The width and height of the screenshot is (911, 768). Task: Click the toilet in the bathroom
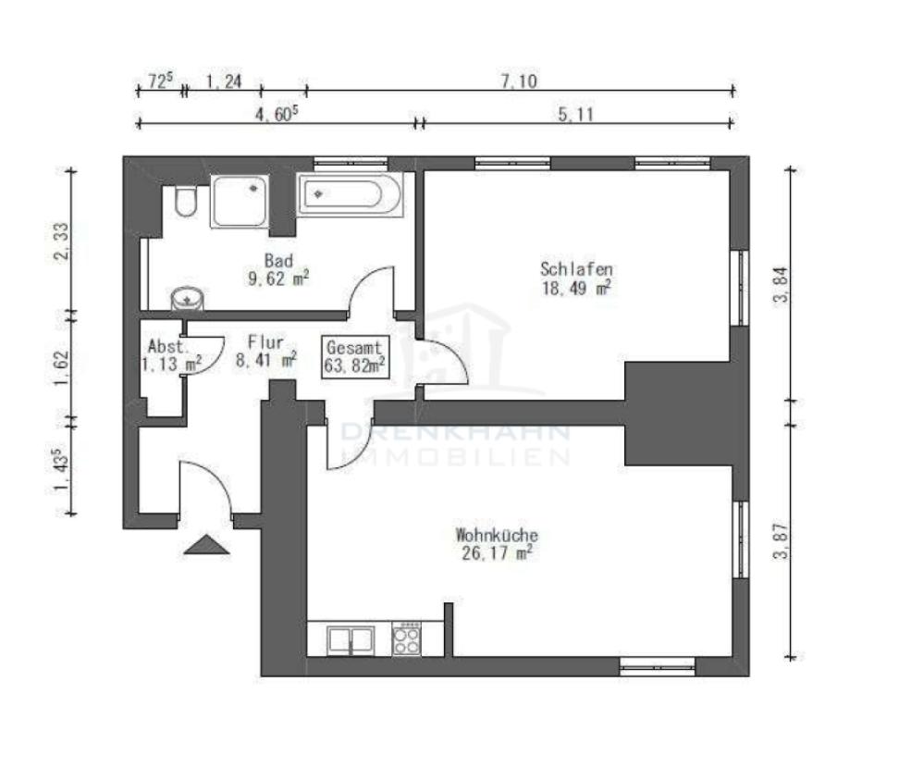[x=185, y=202]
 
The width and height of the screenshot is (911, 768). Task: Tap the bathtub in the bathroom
[x=350, y=196]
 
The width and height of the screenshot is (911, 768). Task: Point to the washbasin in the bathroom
[x=189, y=298]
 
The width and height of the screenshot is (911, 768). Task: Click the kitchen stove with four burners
[x=406, y=638]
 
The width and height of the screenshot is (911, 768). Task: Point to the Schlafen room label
[x=576, y=269]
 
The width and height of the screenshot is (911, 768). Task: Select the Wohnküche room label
[x=497, y=535]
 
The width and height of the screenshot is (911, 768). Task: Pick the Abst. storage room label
[x=168, y=347]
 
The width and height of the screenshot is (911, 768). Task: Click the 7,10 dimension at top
[x=519, y=81]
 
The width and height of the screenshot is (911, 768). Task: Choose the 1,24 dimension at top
[x=223, y=81]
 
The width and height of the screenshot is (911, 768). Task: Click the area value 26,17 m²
[x=497, y=553]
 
